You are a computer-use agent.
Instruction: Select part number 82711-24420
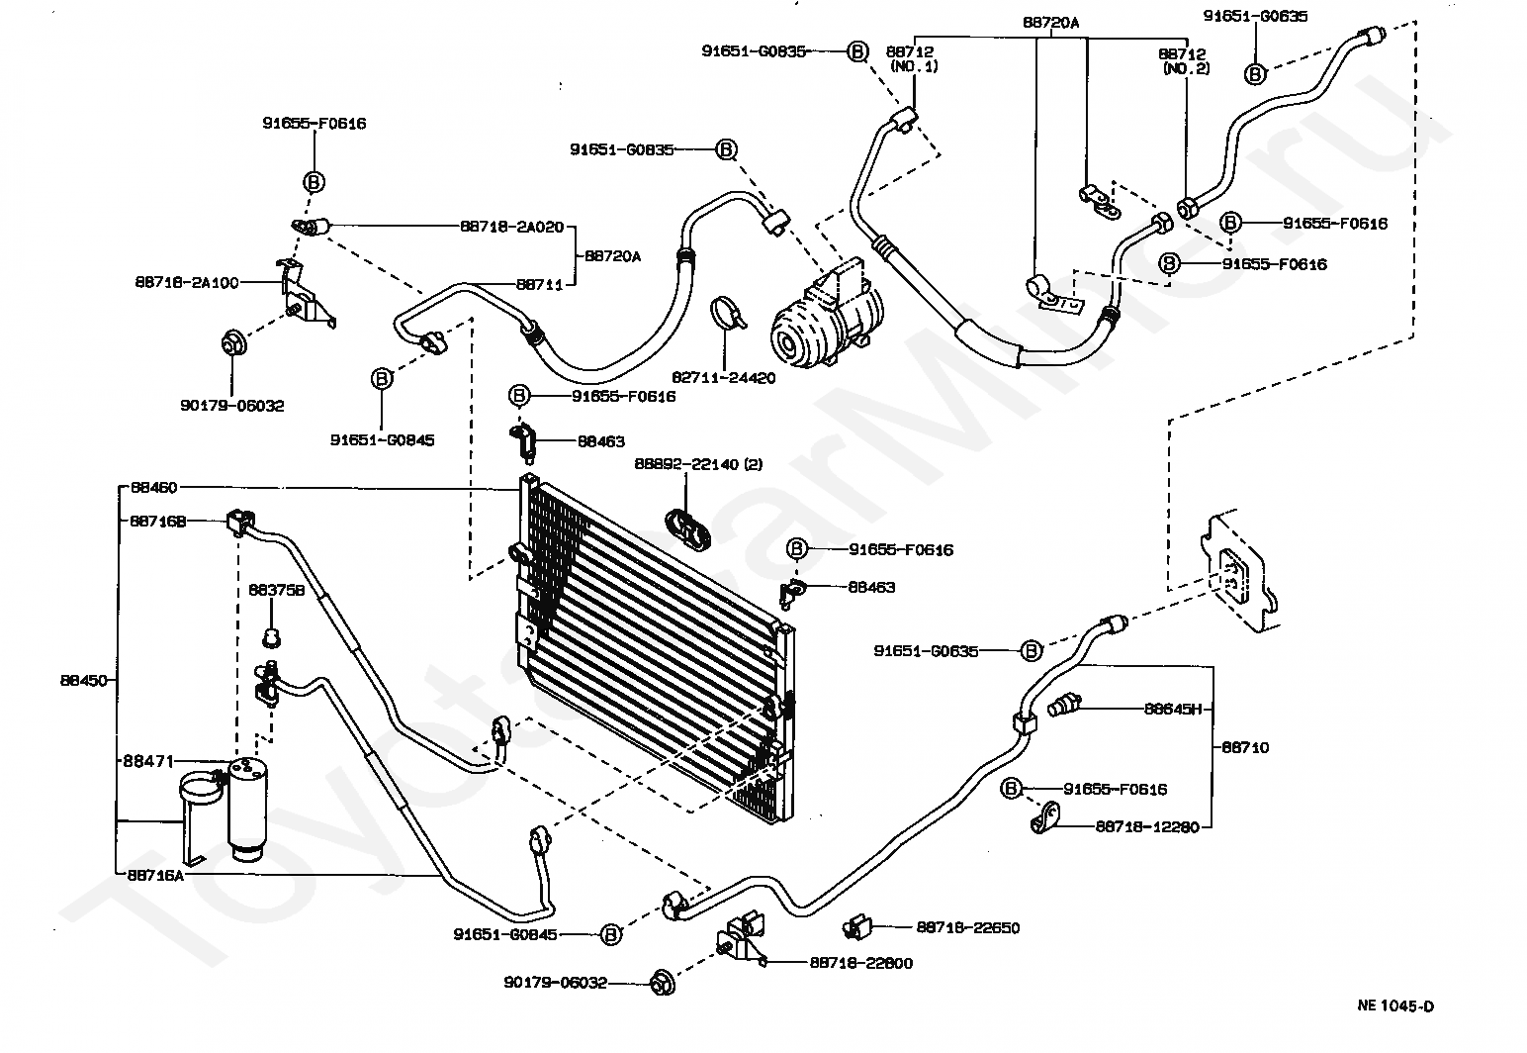pyautogui.click(x=724, y=377)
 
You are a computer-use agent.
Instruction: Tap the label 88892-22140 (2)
pyautogui.click(x=698, y=464)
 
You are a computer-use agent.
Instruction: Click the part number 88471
pyautogui.click(x=148, y=761)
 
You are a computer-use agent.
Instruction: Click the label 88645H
pyautogui.click(x=1172, y=709)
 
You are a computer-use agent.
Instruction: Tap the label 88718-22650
pyautogui.click(x=967, y=927)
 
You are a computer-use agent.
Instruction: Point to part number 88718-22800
pyautogui.click(x=860, y=962)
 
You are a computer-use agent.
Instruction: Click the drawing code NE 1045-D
pyautogui.click(x=1394, y=1006)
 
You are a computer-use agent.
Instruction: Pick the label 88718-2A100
pyautogui.click(x=186, y=282)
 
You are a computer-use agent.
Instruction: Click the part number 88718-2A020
pyautogui.click(x=511, y=227)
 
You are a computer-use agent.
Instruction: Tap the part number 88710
pyautogui.click(x=1245, y=747)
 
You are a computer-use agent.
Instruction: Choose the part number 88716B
pyautogui.click(x=157, y=521)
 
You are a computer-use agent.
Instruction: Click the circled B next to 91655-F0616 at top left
pyautogui.click(x=314, y=182)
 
